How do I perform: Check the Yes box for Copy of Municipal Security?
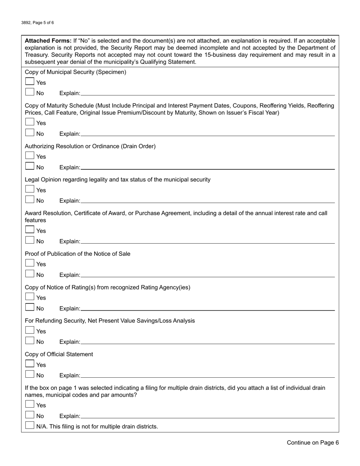point(30,82)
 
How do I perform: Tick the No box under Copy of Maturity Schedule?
point(30,133)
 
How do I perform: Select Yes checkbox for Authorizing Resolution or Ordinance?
point(30,156)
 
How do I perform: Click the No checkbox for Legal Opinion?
point(30,200)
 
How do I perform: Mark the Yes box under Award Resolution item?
point(30,230)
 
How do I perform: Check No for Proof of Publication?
point(30,274)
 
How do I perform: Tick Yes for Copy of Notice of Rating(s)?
point(30,297)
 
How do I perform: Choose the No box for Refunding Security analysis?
point(30,341)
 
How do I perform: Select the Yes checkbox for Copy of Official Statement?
point(30,364)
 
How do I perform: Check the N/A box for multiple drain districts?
point(30,426)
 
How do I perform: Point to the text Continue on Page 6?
point(313,443)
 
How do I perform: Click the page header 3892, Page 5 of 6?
point(38,23)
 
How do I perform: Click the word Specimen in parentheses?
point(112,72)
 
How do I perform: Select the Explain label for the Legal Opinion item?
point(70,201)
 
